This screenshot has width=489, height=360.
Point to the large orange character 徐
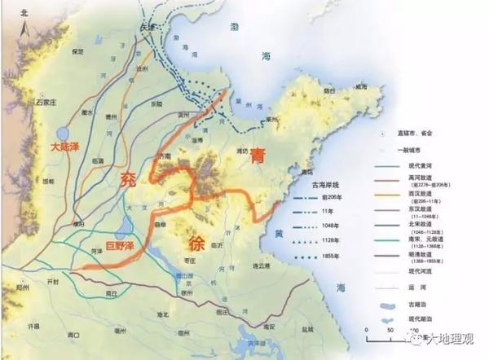click(198, 242)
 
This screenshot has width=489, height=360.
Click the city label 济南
click(165, 156)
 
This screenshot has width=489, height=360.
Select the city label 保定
click(78, 50)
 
